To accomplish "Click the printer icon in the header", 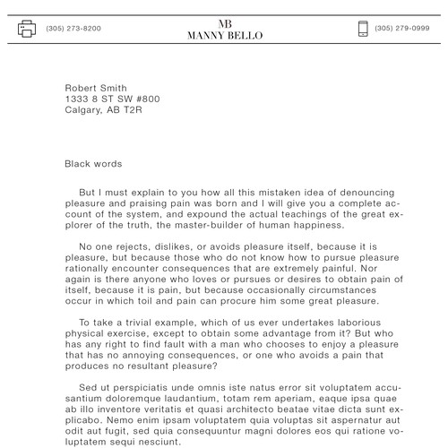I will [27, 29].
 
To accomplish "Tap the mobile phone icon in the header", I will [363, 29].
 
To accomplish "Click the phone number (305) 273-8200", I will [73, 29].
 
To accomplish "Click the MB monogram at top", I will [225, 22].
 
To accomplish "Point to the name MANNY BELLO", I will [225, 36].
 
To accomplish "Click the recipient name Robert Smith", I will [94, 88].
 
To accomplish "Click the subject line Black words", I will [93, 164].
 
